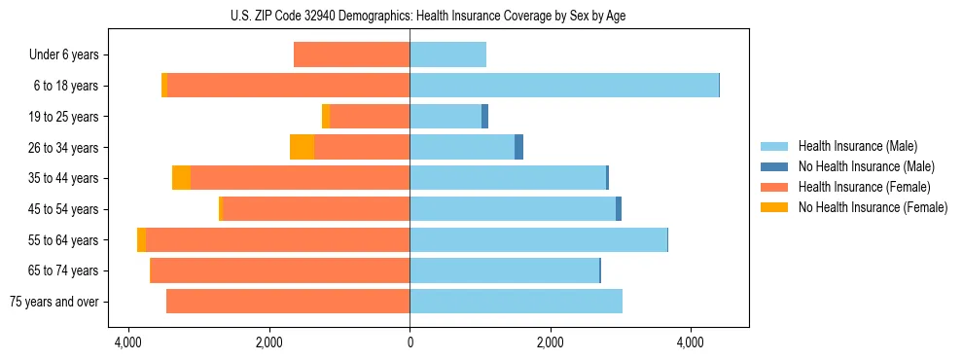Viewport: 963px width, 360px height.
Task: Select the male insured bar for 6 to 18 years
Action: (x=564, y=86)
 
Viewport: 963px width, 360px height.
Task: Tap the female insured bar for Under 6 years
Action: (x=351, y=54)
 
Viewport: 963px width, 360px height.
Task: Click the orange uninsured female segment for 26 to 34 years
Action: (x=302, y=147)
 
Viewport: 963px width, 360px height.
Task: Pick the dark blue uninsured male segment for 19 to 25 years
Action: (x=484, y=116)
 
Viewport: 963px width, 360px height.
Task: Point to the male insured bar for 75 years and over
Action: (x=516, y=302)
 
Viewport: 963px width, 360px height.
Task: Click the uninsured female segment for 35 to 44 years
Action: (x=181, y=178)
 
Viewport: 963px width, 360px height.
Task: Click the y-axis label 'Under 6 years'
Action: (x=64, y=54)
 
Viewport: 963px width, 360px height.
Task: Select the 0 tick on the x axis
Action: (x=410, y=342)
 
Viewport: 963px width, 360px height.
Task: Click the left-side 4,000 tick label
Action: (x=127, y=342)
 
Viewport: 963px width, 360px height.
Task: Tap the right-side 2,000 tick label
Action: (x=550, y=342)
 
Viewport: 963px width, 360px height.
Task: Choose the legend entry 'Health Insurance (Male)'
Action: (x=857, y=146)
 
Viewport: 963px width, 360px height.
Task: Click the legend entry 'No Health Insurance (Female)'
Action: (x=873, y=207)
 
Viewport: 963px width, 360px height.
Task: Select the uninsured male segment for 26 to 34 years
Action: (x=518, y=147)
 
